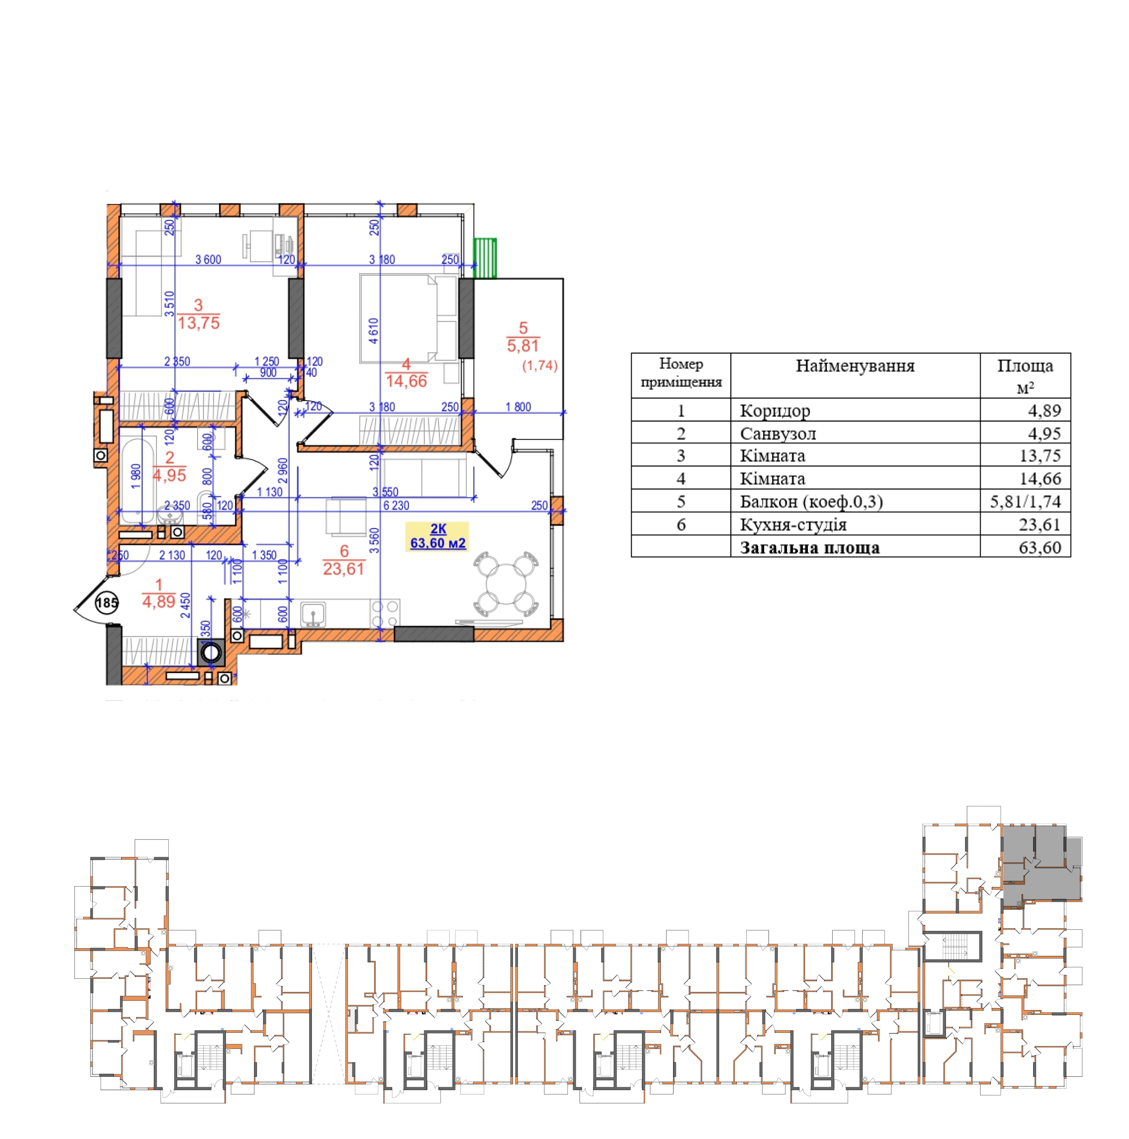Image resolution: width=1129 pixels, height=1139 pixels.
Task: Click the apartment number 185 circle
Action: (x=107, y=603)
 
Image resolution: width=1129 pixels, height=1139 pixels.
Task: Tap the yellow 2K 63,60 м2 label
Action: (x=437, y=536)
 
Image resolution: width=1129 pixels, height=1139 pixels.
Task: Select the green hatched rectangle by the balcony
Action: (x=485, y=257)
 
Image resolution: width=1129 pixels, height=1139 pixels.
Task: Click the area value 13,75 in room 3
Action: (x=199, y=323)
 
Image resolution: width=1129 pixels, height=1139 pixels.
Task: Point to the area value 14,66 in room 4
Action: (x=406, y=381)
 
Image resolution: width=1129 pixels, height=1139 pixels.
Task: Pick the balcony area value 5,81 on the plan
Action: (x=523, y=346)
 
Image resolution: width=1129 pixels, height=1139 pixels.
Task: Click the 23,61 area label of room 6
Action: (x=344, y=569)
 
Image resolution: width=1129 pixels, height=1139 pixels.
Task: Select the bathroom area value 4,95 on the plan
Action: (x=170, y=475)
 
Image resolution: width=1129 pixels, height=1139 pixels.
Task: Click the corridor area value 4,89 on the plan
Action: (x=159, y=601)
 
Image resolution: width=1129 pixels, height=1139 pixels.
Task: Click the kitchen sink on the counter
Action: (x=314, y=614)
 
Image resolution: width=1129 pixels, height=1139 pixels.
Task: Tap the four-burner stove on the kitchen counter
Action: (x=385, y=613)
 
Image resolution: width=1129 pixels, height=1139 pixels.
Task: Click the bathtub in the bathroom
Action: (x=138, y=480)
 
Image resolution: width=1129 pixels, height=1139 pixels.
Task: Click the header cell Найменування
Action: (x=855, y=375)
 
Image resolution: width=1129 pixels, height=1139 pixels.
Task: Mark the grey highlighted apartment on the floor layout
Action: (x=1041, y=865)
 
